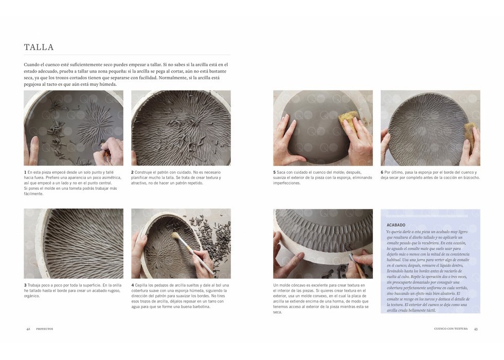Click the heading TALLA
pos(39,47)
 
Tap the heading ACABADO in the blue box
pos(395,225)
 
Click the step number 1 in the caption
pos(25,172)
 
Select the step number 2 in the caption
pos(132,172)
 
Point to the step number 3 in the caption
pos(25,285)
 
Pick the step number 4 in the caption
pos(133,285)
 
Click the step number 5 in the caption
pos(275,172)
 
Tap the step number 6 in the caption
pos(382,172)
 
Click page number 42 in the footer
pos(28,329)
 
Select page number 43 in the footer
pos(476,329)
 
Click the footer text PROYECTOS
pos(45,329)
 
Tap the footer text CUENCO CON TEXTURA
pos(451,329)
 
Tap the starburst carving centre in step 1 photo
pos(95,124)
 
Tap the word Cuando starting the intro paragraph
pos(31,65)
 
